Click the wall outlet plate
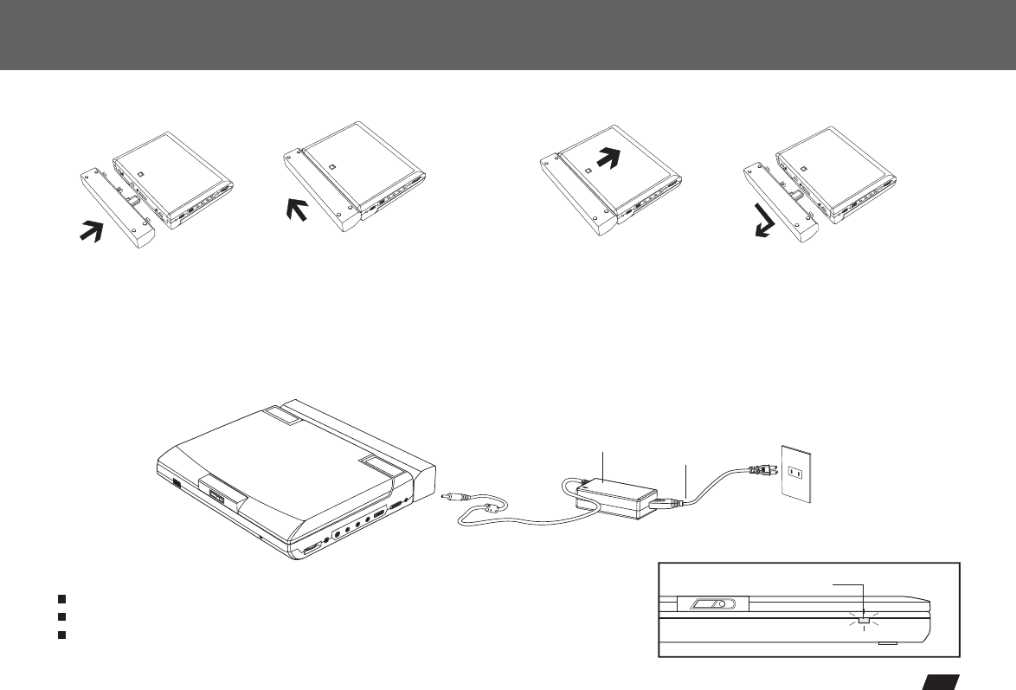pos(798,475)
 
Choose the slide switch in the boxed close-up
pos(706,604)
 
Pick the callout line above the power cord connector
pos(685,480)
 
